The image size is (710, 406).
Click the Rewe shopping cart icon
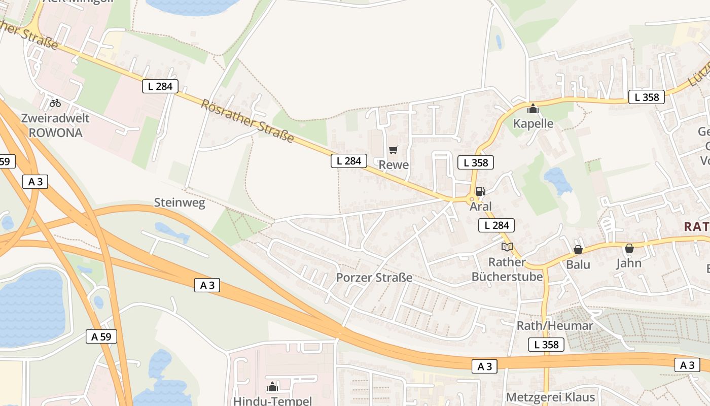click(394, 150)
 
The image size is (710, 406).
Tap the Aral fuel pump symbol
click(481, 191)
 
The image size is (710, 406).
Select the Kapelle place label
click(533, 123)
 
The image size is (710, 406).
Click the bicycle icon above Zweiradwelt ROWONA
click(55, 103)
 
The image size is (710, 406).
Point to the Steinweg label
click(180, 204)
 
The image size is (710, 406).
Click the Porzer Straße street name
click(374, 278)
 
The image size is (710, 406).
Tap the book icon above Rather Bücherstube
click(507, 247)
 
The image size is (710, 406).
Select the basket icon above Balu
click(578, 250)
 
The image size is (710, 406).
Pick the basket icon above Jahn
click(629, 248)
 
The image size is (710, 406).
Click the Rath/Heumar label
click(555, 326)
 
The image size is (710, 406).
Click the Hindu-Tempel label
click(273, 401)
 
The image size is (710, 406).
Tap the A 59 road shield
click(101, 336)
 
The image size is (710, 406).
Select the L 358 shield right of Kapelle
click(647, 97)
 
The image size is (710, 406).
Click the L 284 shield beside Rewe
click(349, 161)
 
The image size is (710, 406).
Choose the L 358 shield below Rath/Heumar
click(546, 345)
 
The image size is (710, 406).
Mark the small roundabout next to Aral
click(472, 199)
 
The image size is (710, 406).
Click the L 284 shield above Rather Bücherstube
click(496, 225)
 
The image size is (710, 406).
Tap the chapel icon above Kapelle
click(532, 109)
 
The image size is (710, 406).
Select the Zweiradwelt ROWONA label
click(55, 125)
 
